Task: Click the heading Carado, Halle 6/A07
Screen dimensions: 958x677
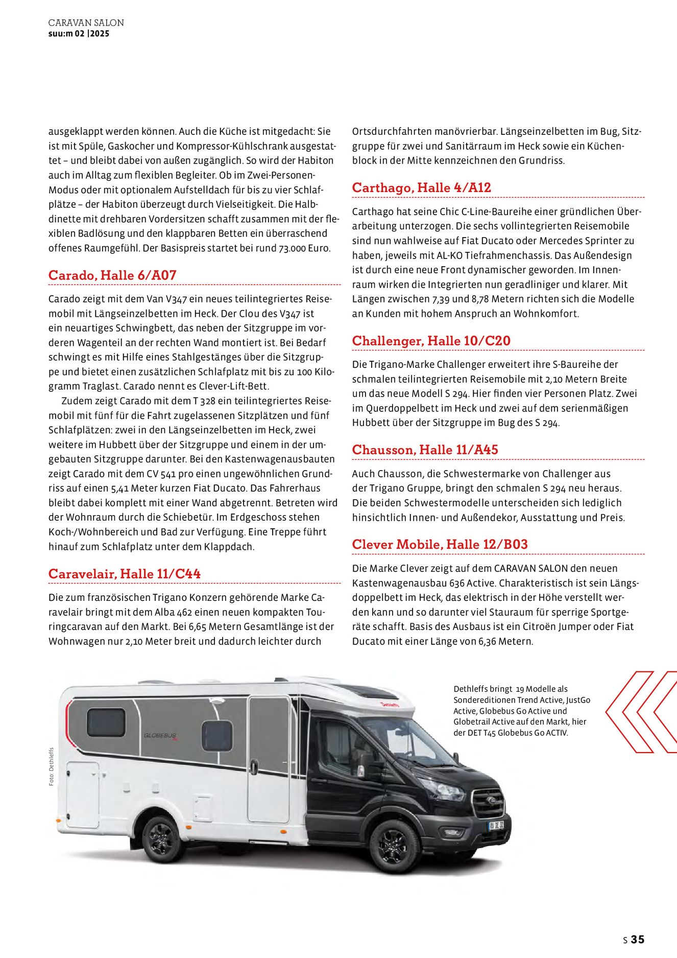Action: click(x=112, y=275)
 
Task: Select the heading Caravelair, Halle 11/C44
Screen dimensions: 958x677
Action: click(x=125, y=574)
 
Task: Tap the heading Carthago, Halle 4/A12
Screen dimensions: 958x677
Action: click(x=422, y=188)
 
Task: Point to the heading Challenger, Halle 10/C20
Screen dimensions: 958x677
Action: click(x=431, y=341)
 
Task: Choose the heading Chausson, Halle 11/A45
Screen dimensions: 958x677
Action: click(x=425, y=450)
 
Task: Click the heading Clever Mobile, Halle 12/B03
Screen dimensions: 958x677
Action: click(x=440, y=545)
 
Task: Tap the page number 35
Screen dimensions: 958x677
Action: click(x=637, y=939)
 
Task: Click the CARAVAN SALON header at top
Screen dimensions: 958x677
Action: click(x=86, y=23)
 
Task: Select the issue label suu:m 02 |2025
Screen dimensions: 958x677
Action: click(x=79, y=34)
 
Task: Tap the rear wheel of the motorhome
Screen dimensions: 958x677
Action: click(x=164, y=839)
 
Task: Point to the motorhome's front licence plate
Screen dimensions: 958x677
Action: click(x=496, y=825)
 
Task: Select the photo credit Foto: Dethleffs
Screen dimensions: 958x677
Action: click(x=52, y=767)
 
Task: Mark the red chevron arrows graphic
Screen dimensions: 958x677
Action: click(x=641, y=712)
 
